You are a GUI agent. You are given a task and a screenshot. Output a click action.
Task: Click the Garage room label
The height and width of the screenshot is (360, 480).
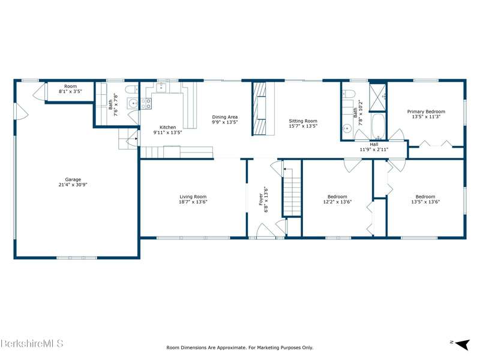[x=73, y=179]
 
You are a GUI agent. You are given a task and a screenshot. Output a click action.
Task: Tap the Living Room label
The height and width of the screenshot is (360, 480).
[x=193, y=197]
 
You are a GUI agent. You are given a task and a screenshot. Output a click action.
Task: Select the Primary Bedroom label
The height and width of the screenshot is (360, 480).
[x=426, y=112]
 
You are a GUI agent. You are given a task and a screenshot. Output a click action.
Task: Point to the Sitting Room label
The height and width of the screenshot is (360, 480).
[x=303, y=121]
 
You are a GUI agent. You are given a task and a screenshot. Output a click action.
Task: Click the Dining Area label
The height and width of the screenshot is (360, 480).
[x=224, y=117]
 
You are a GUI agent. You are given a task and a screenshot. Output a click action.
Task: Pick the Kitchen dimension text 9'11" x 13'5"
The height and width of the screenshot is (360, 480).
[x=168, y=133]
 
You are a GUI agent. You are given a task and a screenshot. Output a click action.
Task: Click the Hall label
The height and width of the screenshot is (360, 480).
[x=374, y=145]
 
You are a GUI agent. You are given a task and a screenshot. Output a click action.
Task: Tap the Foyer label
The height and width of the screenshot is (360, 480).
[x=261, y=199]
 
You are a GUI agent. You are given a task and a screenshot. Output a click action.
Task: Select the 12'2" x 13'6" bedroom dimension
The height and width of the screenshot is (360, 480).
[x=337, y=202]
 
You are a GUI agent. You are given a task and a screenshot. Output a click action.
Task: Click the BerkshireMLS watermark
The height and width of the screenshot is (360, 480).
[x=32, y=343]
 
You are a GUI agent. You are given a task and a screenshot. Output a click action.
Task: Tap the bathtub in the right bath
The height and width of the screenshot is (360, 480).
[x=379, y=126]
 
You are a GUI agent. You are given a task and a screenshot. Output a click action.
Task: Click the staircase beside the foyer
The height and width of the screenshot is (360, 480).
[x=292, y=191]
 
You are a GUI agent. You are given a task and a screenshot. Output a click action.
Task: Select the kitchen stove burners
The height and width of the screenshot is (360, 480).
[x=146, y=103]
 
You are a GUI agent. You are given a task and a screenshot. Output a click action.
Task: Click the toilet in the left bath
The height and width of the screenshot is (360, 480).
[x=132, y=89]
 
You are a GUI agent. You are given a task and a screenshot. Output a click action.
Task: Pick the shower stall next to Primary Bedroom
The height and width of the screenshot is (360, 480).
[x=378, y=97]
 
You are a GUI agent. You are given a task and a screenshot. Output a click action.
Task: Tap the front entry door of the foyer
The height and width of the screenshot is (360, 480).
[x=266, y=231]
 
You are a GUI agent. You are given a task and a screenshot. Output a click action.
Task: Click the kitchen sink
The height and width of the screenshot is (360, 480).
[x=161, y=87]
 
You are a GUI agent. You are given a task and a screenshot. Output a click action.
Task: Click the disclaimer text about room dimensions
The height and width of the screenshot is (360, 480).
[x=239, y=347]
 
